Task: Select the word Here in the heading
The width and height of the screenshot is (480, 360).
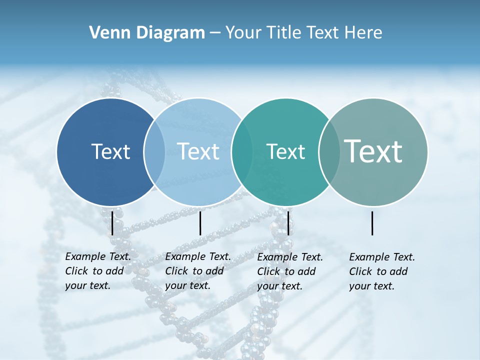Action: coord(363,33)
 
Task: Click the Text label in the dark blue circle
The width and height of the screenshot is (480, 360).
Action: coord(110,151)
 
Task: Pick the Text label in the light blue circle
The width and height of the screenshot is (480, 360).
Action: coord(198,151)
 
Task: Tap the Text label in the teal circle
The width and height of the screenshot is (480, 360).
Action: coord(285,151)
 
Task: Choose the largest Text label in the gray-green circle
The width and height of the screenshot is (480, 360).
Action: coord(373,151)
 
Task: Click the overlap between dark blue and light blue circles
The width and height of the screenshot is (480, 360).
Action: coord(154,152)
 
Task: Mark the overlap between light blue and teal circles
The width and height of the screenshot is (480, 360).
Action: coord(242,152)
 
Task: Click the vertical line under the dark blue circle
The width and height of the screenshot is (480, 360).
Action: coord(112,223)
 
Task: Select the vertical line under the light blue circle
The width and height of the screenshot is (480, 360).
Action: coord(200,223)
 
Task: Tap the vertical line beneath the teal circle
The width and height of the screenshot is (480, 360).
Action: coord(288,223)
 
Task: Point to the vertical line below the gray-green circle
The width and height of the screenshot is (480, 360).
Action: coord(372,223)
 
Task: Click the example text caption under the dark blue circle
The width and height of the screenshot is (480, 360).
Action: coord(97,271)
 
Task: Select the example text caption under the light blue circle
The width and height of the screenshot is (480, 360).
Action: coord(197,271)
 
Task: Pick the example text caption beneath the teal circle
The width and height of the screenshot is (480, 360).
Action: coord(289,271)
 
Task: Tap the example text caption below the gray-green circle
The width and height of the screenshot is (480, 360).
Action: coord(381,271)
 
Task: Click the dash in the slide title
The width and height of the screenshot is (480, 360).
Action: coord(215,33)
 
